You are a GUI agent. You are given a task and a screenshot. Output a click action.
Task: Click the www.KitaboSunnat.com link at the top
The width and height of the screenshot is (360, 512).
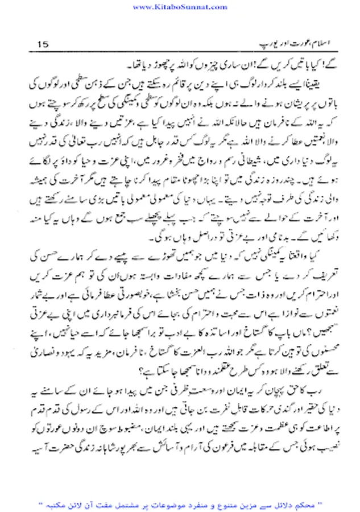coord(180,6)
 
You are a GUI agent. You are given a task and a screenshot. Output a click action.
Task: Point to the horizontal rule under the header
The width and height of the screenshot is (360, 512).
coord(180,52)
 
